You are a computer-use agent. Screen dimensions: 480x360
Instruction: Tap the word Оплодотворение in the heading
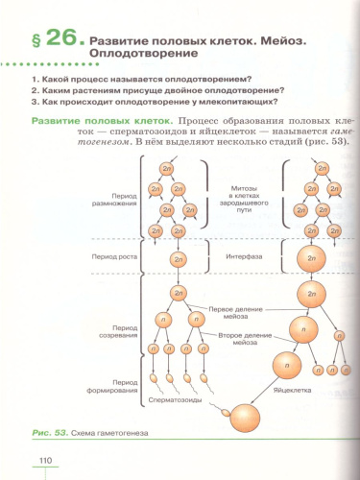(140, 57)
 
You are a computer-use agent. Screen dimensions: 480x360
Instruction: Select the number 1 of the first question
(36, 79)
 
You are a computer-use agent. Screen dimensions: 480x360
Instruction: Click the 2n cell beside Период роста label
(178, 258)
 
